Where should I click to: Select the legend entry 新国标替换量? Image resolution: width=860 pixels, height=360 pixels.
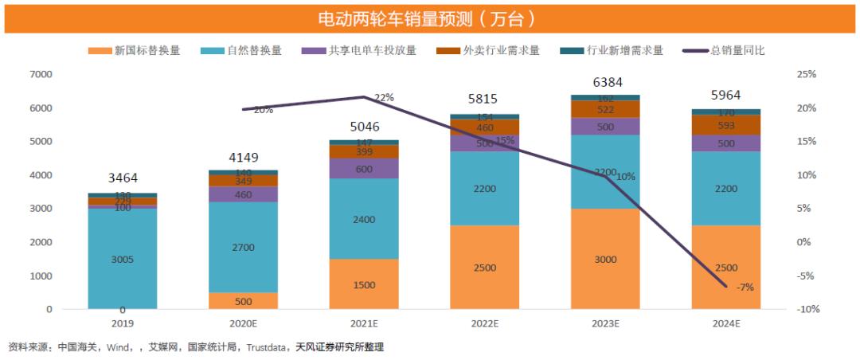click(147, 50)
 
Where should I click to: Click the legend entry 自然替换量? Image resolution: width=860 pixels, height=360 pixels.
click(254, 50)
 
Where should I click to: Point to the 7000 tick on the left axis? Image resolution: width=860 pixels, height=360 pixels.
click(41, 75)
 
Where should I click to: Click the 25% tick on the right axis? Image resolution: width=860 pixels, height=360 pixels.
click(807, 75)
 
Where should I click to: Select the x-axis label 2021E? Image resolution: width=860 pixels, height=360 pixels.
click(364, 323)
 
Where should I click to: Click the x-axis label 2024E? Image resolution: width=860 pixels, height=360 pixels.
click(726, 323)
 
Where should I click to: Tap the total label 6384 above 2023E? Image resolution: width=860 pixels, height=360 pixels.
click(606, 82)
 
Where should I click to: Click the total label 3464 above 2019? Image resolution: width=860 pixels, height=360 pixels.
click(123, 178)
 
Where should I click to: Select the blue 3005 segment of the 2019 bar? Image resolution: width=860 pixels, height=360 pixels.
click(123, 259)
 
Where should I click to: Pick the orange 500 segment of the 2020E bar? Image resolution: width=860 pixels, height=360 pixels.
click(244, 301)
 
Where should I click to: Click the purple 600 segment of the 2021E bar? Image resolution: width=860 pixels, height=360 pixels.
click(364, 168)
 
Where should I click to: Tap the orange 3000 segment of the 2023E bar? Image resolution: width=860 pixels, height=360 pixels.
click(606, 259)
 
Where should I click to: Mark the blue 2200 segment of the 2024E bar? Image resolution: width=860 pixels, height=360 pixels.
click(726, 188)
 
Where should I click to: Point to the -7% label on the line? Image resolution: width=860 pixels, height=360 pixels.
click(745, 287)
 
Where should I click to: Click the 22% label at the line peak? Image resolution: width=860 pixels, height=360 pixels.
click(384, 97)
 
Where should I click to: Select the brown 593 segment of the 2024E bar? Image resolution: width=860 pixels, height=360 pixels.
click(726, 125)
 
